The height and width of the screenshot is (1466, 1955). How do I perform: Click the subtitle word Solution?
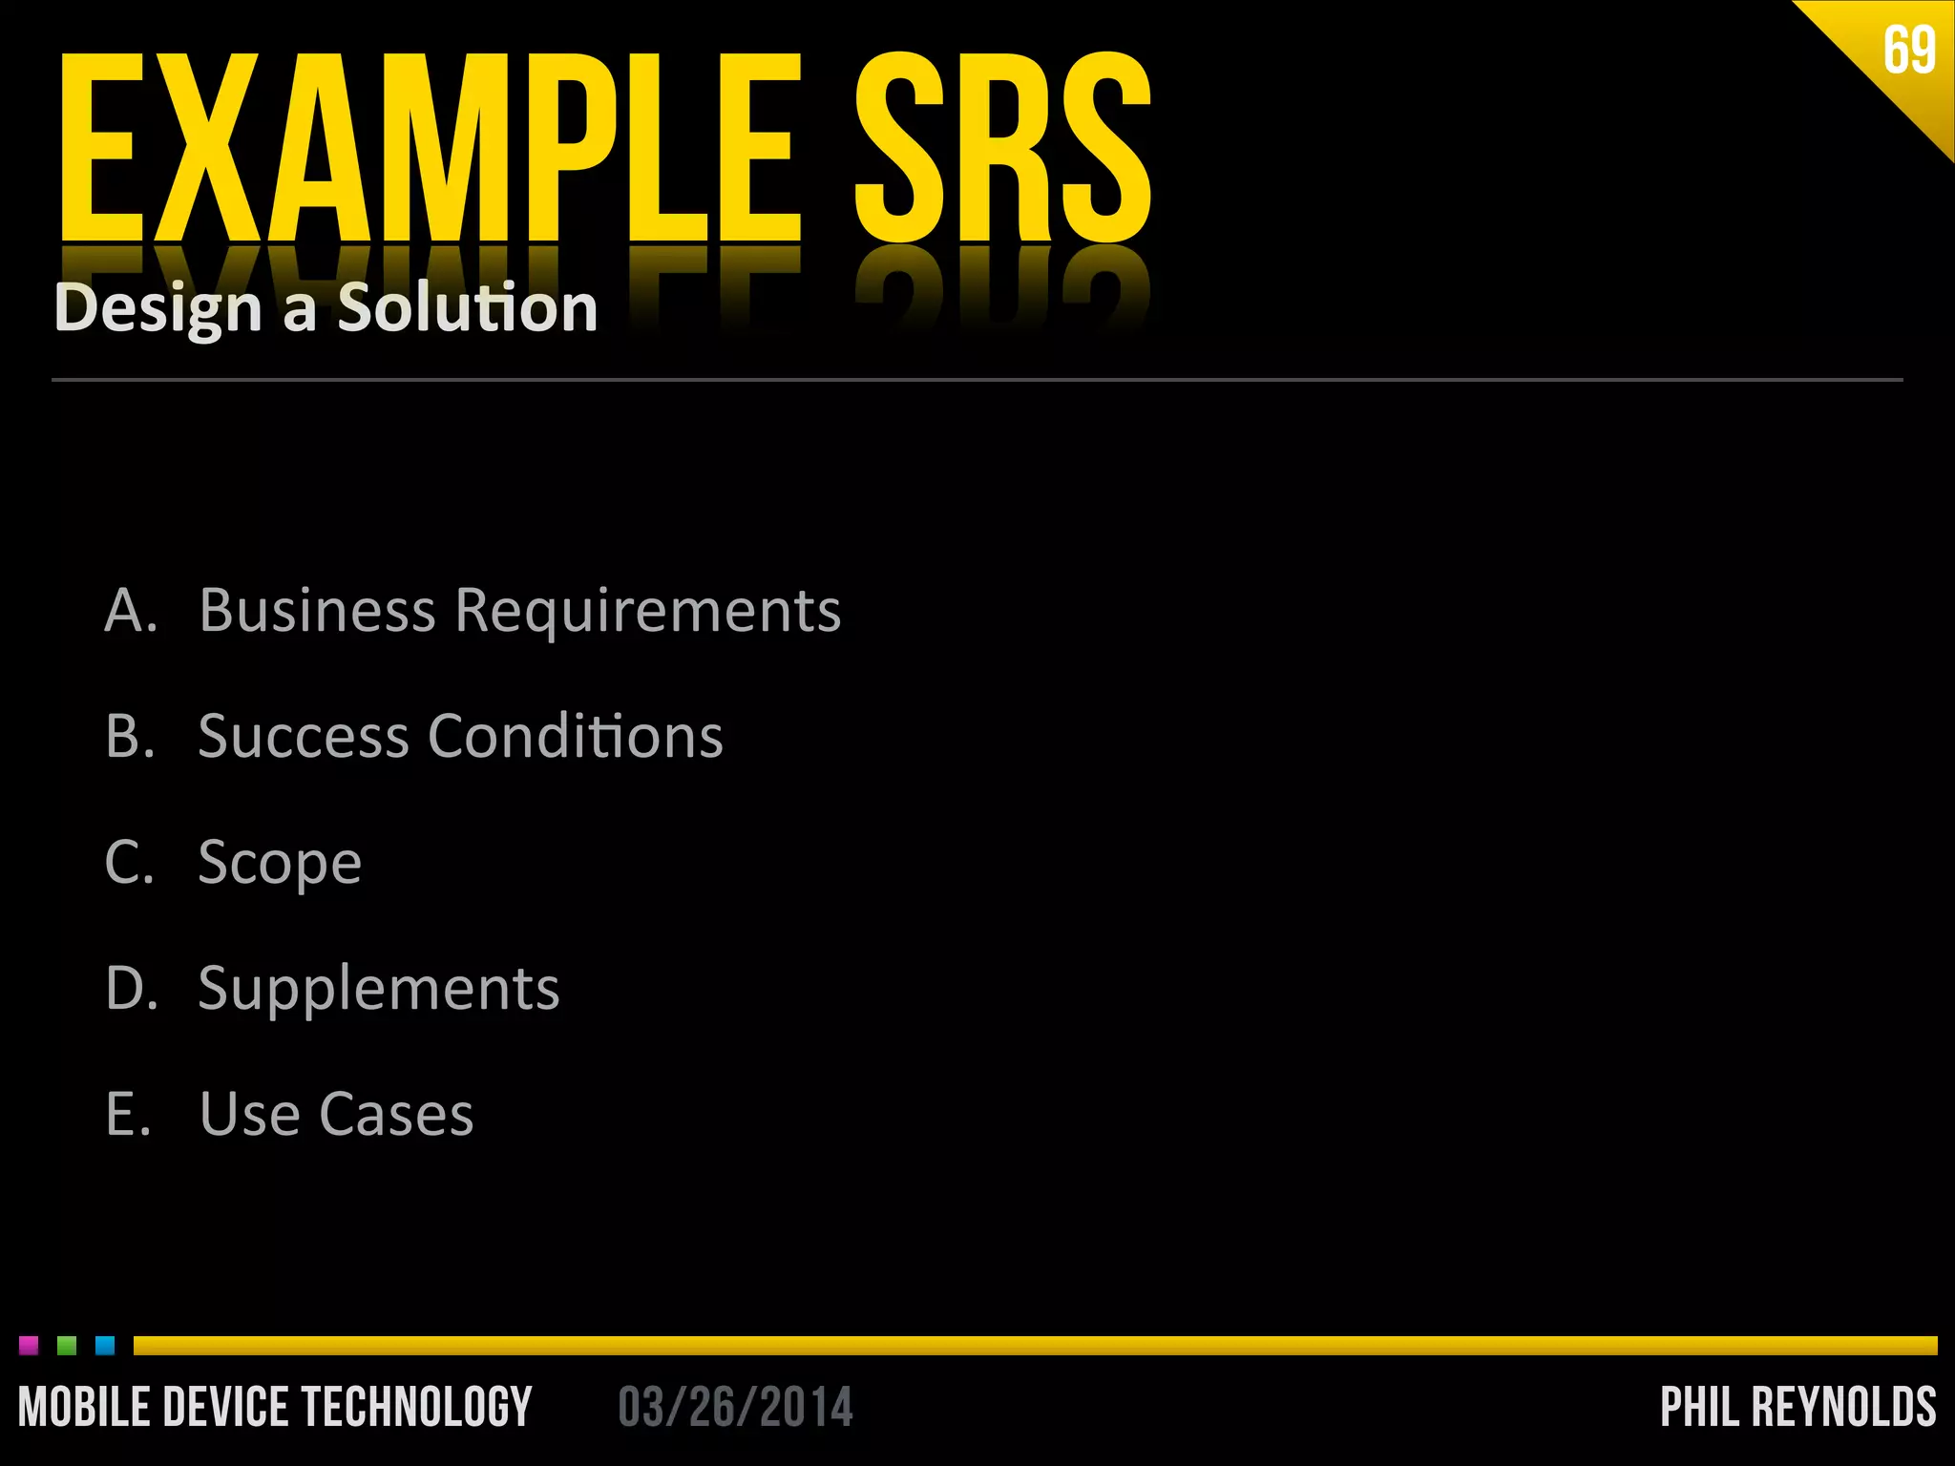click(x=468, y=307)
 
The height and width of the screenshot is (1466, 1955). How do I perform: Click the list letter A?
click(x=129, y=610)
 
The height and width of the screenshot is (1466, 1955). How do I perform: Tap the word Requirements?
click(x=648, y=612)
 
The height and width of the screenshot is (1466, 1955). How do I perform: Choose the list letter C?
click(x=129, y=862)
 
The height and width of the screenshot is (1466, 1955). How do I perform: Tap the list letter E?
click(x=128, y=1114)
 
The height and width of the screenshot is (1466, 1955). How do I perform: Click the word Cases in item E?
click(x=396, y=1114)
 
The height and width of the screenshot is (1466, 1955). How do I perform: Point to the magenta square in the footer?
click(x=29, y=1346)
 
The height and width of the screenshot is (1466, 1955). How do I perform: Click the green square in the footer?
click(x=67, y=1346)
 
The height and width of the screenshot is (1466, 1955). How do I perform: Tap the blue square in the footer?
click(x=105, y=1346)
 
